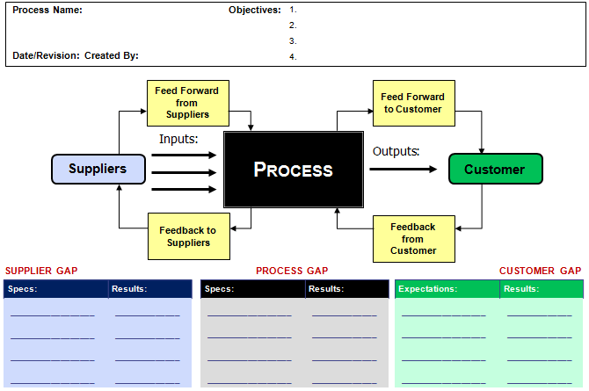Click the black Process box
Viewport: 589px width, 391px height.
tap(293, 170)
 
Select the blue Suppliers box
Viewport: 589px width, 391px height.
tap(98, 169)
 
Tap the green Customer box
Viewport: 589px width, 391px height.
tap(495, 170)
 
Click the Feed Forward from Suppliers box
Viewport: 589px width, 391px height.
tap(186, 102)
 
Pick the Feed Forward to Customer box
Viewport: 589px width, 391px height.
tap(412, 103)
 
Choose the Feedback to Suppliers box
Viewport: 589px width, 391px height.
tap(187, 236)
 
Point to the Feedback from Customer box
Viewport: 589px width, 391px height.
tap(412, 238)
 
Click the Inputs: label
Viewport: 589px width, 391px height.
tap(178, 139)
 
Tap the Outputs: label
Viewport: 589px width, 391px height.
tap(396, 151)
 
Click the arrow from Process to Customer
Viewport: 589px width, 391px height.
tap(403, 169)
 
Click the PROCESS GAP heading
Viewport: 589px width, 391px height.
tap(292, 272)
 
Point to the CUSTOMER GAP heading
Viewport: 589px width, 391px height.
tap(540, 272)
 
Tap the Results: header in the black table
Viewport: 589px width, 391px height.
tap(326, 288)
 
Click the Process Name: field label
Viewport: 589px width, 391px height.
tap(47, 11)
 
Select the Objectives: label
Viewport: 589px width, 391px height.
tap(255, 11)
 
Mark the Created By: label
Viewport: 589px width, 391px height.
tap(112, 56)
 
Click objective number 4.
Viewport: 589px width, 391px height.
tap(293, 57)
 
